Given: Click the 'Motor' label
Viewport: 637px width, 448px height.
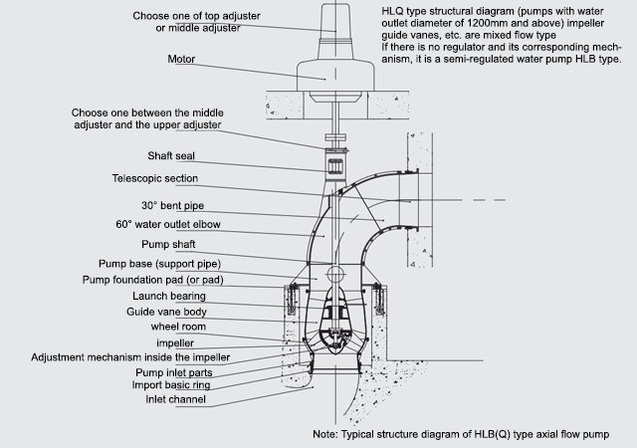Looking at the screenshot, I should [x=183, y=59].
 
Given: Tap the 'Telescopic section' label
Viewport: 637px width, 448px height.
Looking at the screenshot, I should [x=154, y=178].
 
